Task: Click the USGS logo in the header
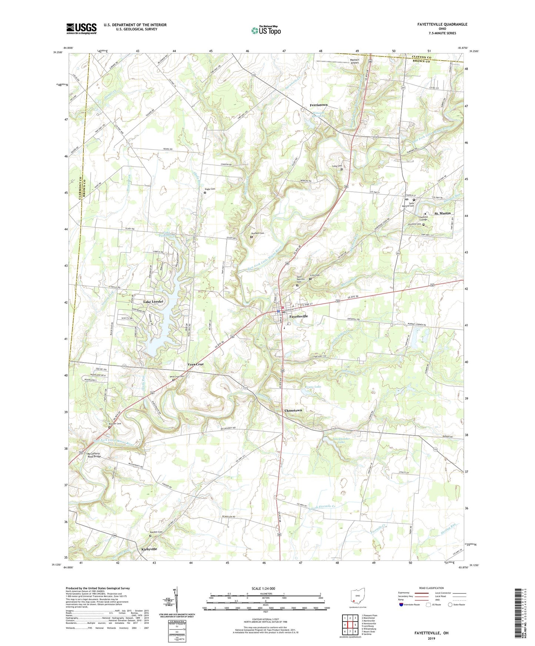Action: coord(81,28)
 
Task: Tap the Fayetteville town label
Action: coord(298,317)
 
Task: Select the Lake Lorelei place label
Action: coord(153,302)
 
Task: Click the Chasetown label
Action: coord(293,411)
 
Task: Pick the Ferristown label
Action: coord(318,105)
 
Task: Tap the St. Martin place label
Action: coord(442,213)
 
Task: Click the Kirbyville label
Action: coord(149,549)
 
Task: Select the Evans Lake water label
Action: coord(313,387)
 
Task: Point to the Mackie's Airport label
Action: coord(355,61)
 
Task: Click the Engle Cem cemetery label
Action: coord(210,189)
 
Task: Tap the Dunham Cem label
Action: coord(257,233)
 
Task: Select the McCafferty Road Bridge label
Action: coord(94,455)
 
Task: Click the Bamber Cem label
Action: coord(156,532)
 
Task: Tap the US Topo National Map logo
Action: coord(265,30)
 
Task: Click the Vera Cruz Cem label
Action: coord(177,377)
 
